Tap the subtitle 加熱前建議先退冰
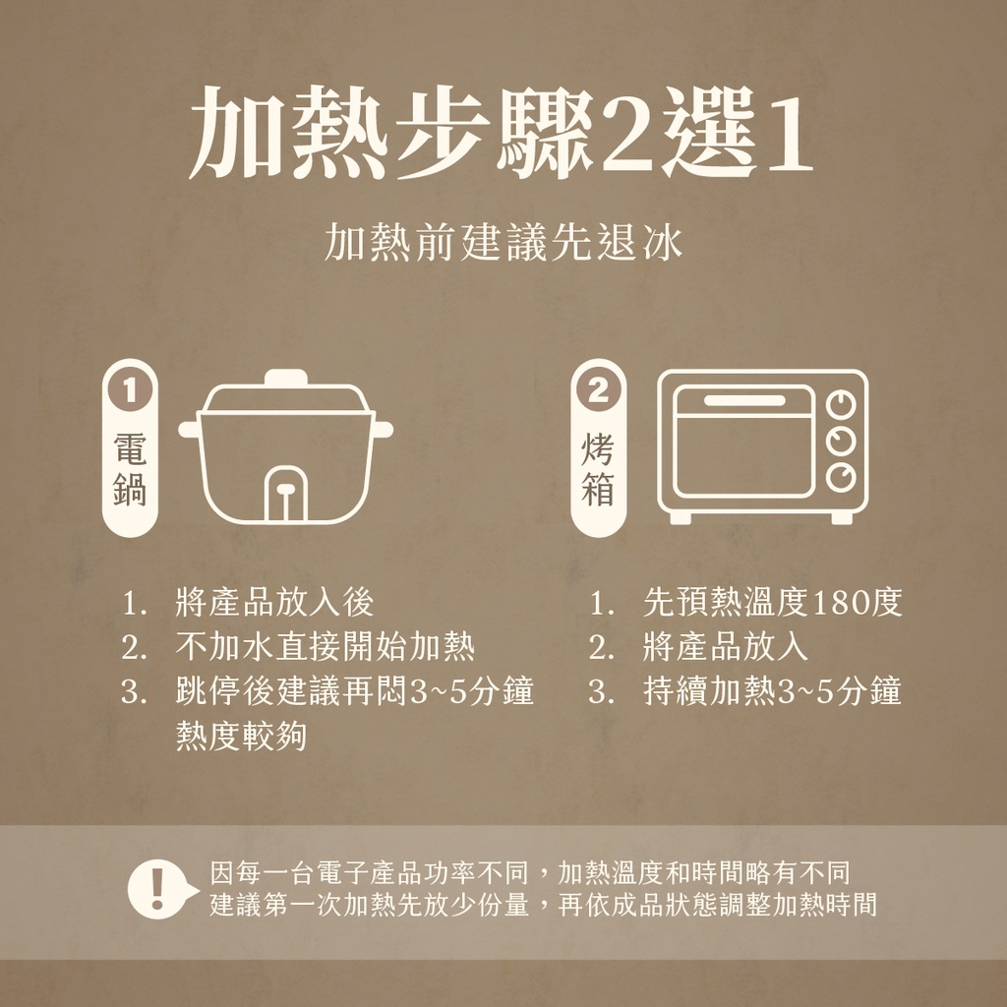(503, 243)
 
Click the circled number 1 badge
(130, 389)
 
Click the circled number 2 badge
(599, 389)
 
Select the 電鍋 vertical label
(130, 469)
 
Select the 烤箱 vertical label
(599, 469)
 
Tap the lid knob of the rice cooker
(286, 377)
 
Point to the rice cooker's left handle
(190, 429)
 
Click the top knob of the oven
(841, 405)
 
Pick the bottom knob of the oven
(841, 478)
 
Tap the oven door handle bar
(744, 401)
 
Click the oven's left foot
(681, 517)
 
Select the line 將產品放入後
(274, 603)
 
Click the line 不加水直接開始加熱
(325, 647)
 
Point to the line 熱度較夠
(241, 736)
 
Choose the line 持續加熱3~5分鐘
(773, 691)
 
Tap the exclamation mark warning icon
(158, 889)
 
